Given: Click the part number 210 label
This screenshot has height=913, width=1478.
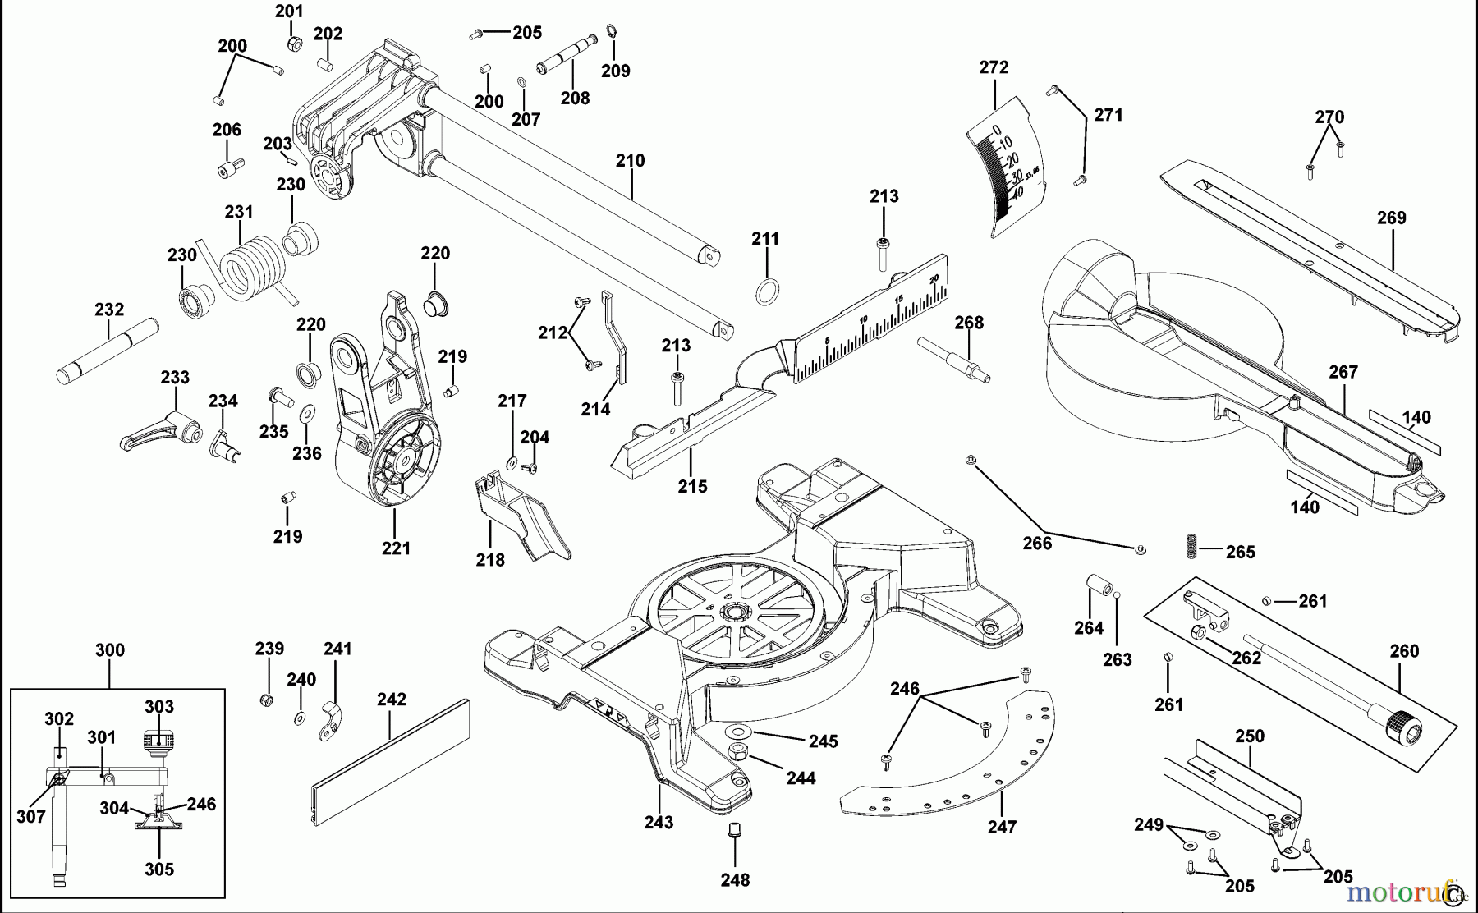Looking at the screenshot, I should (x=630, y=161).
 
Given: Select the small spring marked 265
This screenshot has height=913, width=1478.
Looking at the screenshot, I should (x=1191, y=547).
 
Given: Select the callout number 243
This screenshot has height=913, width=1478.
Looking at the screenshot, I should (x=659, y=822).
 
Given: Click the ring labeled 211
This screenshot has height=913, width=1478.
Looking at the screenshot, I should (x=766, y=291).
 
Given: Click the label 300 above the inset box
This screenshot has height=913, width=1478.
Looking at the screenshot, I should (x=109, y=650).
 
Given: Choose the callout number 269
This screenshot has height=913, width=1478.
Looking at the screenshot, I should (x=1391, y=218).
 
